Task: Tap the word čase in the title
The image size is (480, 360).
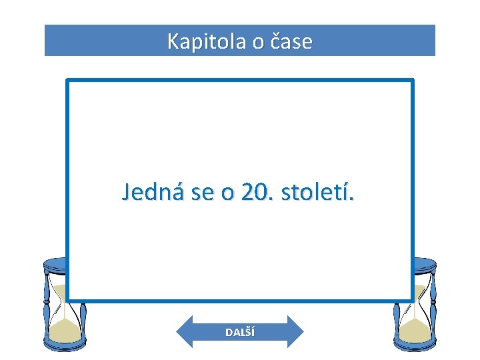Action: click(x=292, y=42)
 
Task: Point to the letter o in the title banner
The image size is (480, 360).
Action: click(x=258, y=43)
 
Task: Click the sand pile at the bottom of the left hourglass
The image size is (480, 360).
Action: click(x=65, y=329)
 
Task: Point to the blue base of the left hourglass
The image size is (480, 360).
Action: click(x=65, y=345)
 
